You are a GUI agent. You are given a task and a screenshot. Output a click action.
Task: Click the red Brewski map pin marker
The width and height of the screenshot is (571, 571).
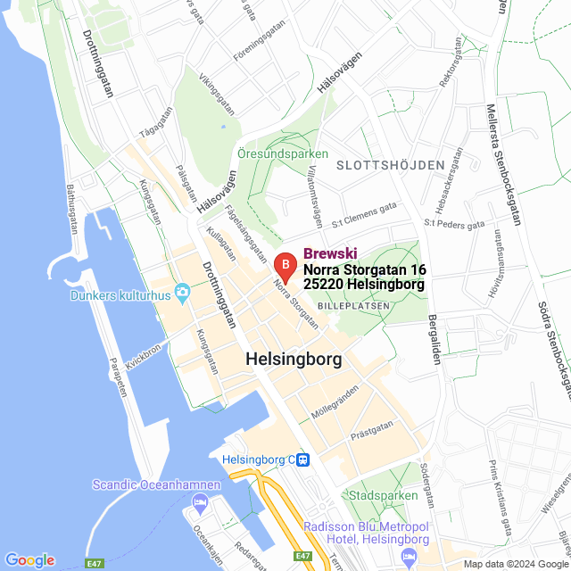click(x=284, y=266)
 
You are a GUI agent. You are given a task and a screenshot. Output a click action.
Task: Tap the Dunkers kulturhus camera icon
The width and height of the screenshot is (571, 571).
click(x=183, y=292)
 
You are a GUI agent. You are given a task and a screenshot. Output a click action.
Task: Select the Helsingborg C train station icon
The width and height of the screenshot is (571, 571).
click(x=304, y=460)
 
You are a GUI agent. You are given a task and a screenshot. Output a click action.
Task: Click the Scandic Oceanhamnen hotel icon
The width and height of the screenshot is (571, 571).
click(x=200, y=504)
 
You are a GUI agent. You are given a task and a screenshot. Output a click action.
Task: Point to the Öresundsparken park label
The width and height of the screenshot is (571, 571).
click(x=283, y=154)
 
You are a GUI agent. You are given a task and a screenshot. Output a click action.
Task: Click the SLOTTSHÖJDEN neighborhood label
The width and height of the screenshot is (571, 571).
click(x=390, y=165)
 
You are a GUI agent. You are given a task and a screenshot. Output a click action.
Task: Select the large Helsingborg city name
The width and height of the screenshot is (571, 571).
click(x=294, y=360)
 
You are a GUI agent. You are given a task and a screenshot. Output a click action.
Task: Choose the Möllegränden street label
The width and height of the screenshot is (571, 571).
click(x=335, y=404)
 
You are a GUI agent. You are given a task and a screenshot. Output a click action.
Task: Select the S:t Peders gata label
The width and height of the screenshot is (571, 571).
click(x=454, y=223)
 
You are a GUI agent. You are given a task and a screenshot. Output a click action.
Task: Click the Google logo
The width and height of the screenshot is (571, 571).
click(x=29, y=560)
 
